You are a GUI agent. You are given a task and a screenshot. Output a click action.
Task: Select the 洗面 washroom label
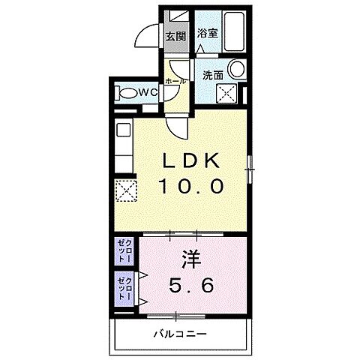click(x=212, y=75)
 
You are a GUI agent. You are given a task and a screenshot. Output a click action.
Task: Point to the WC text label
click(x=147, y=92)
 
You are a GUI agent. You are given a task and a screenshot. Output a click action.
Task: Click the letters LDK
click(x=187, y=160)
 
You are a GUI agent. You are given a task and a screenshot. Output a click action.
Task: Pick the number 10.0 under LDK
click(x=190, y=185)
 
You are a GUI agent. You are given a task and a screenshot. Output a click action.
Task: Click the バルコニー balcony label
click(x=181, y=332)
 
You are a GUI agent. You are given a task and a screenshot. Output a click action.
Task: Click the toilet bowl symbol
click(x=128, y=93)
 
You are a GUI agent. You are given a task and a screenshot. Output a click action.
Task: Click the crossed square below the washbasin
click(x=226, y=94)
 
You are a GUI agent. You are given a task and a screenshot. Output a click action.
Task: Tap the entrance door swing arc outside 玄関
click(x=147, y=34)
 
